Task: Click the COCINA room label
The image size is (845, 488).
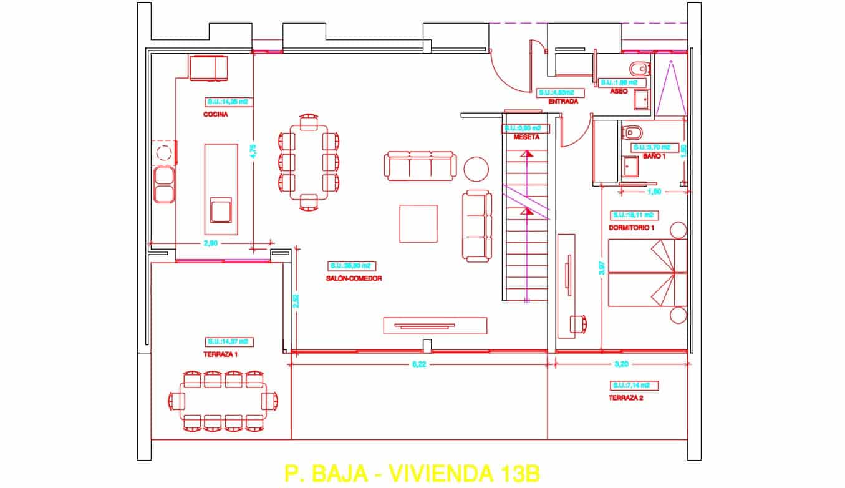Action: click(215, 115)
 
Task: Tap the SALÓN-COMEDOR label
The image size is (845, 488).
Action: click(354, 278)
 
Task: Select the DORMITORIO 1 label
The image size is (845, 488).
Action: click(631, 228)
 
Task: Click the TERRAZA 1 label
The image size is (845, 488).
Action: click(220, 354)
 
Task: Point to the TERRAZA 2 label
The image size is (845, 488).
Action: click(625, 397)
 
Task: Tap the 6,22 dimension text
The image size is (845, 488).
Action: click(420, 365)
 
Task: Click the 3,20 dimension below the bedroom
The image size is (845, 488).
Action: click(620, 365)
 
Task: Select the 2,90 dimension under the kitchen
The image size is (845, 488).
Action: click(210, 243)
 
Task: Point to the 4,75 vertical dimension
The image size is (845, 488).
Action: click(261, 152)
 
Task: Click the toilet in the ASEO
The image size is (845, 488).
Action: click(637, 68)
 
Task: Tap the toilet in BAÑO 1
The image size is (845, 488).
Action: click(632, 132)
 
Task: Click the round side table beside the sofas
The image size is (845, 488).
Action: click(476, 168)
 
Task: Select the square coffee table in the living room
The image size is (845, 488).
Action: click(418, 223)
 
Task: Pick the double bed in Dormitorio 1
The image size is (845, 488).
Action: click(647, 273)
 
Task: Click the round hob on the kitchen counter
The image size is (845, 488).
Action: click(164, 153)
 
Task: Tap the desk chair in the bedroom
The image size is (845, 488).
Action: click(579, 323)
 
